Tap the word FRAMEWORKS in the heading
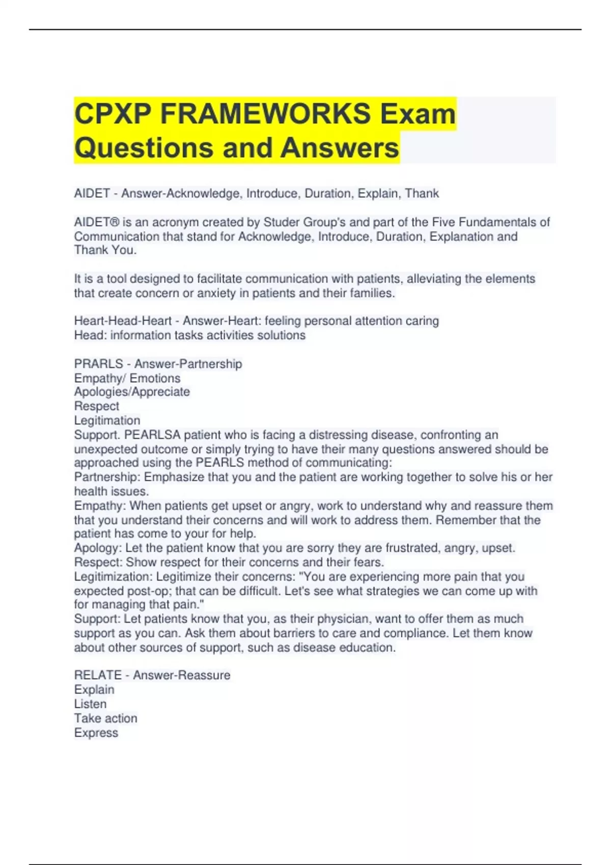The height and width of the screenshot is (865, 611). click(265, 113)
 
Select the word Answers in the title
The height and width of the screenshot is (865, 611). click(339, 148)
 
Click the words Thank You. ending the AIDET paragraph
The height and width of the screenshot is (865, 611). click(105, 250)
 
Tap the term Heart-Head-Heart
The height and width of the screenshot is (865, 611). click(123, 321)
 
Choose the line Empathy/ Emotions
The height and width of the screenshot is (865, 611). click(127, 378)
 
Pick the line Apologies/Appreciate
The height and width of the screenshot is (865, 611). click(132, 392)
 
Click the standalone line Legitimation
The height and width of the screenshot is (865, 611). click(107, 420)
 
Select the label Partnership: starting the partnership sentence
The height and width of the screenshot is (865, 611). click(107, 477)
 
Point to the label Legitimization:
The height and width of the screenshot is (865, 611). click(113, 576)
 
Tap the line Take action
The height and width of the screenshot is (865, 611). click(106, 718)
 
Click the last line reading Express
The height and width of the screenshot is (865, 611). click(96, 733)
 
